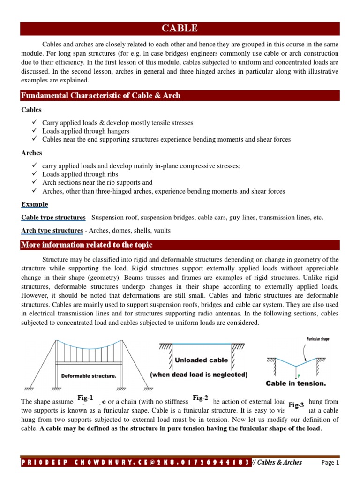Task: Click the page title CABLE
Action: click(x=180, y=29)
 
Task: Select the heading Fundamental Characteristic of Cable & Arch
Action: click(x=101, y=96)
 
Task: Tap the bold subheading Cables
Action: click(x=31, y=110)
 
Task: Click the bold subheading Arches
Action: click(x=32, y=153)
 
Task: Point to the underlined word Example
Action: click(x=35, y=204)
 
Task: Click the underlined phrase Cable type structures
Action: click(x=53, y=217)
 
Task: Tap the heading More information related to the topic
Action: click(x=87, y=245)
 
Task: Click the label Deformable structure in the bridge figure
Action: click(x=89, y=375)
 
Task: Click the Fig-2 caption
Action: click(x=200, y=398)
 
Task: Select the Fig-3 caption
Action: click(x=296, y=405)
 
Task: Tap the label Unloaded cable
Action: click(x=202, y=360)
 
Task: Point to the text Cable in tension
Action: click(x=296, y=383)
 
